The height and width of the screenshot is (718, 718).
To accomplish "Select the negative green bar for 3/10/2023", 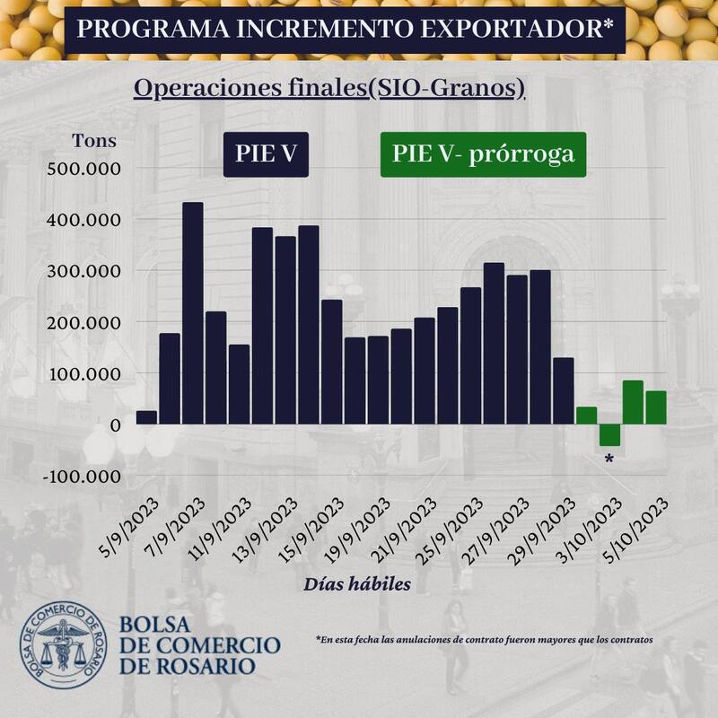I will (609, 434).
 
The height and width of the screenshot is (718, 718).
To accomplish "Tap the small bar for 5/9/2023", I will (146, 417).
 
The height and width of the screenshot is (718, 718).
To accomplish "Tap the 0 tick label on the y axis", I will (116, 425).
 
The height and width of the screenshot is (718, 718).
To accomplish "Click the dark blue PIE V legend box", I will (266, 154).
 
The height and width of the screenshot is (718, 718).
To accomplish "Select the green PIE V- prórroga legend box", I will (483, 154).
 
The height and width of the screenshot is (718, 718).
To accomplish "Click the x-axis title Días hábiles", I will (356, 583).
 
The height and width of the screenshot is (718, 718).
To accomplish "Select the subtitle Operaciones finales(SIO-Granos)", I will (328, 89).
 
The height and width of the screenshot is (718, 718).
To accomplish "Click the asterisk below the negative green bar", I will (609, 460).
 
